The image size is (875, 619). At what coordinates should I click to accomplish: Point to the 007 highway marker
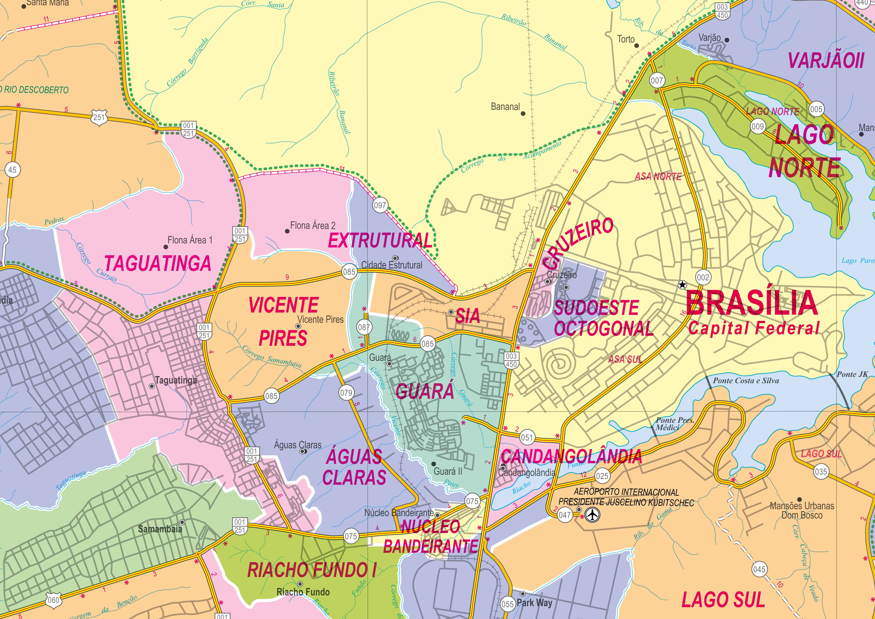coord(657,80)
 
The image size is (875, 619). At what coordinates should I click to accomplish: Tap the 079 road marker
coord(346,392)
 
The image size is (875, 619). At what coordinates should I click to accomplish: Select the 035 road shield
coord(820,472)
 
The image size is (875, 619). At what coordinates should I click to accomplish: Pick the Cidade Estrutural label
coord(392,265)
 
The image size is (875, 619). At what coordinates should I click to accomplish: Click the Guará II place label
coord(448,471)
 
